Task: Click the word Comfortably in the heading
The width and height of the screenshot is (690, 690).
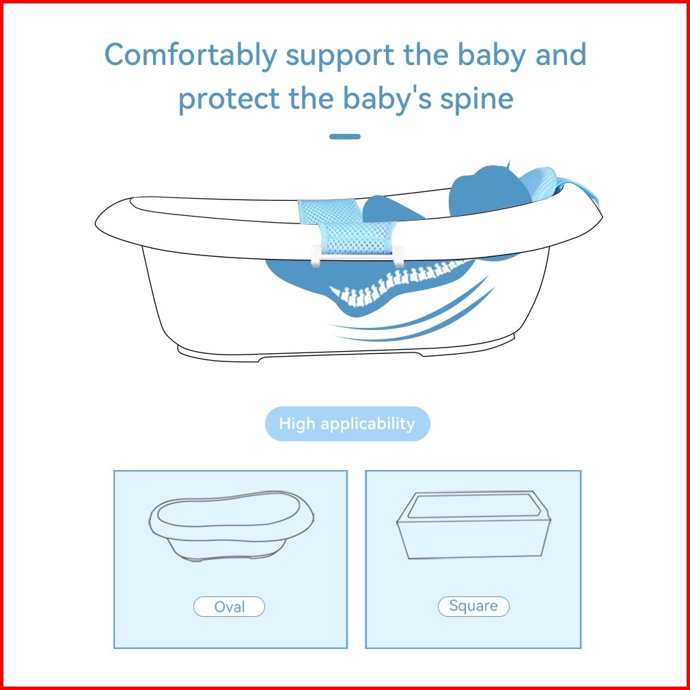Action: point(191,56)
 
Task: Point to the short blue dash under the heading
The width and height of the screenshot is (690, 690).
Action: point(345,137)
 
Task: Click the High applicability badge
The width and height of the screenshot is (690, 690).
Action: point(347,424)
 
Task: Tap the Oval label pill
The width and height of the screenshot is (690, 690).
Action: point(230,607)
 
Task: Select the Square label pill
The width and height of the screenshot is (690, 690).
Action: point(473,607)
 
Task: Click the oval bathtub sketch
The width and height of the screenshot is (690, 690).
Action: point(232,526)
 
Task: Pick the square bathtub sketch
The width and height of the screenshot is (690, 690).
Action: point(473,525)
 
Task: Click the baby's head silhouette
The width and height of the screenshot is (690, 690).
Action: point(488,190)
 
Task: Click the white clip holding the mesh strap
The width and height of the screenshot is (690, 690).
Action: point(357,256)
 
